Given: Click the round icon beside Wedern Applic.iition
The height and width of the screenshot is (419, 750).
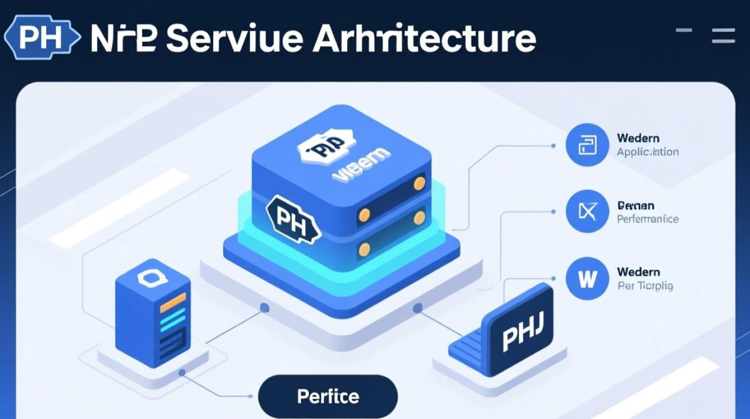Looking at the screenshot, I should (586, 145).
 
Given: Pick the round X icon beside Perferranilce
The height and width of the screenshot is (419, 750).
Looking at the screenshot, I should (586, 212).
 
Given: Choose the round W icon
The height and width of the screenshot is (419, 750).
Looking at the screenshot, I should (586, 278).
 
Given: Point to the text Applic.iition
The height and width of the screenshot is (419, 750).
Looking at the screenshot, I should (648, 152).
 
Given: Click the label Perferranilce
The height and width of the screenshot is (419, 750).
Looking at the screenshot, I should (648, 218).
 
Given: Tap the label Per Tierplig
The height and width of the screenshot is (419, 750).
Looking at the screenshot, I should (645, 286).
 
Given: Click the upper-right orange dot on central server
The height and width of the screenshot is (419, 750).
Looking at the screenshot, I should (419, 183).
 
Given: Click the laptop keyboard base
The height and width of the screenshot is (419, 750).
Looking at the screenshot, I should (468, 352).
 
